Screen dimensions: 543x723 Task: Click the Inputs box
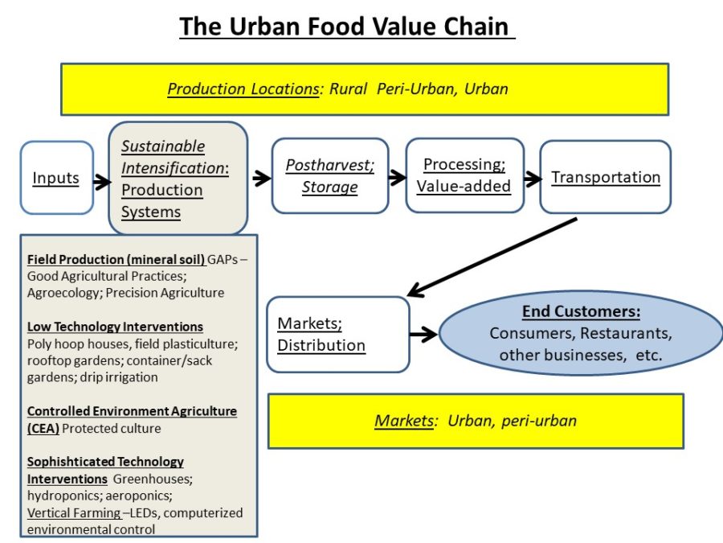[56, 178]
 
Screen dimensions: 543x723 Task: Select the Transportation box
[605, 177]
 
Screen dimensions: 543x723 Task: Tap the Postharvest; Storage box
[330, 175]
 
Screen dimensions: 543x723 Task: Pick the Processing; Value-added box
[464, 175]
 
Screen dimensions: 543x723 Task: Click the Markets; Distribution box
[338, 335]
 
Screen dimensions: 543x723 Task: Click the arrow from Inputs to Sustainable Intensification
[101, 181]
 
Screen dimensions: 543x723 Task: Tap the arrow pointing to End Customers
[423, 332]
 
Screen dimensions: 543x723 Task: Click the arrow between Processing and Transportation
[532, 177]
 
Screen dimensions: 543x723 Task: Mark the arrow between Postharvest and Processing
[397, 177]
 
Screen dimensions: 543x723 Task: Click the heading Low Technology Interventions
[115, 327]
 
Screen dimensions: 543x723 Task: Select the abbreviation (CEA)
[43, 428]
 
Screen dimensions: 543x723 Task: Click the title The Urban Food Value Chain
[344, 27]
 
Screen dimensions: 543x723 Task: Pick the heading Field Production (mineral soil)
[116, 259]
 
